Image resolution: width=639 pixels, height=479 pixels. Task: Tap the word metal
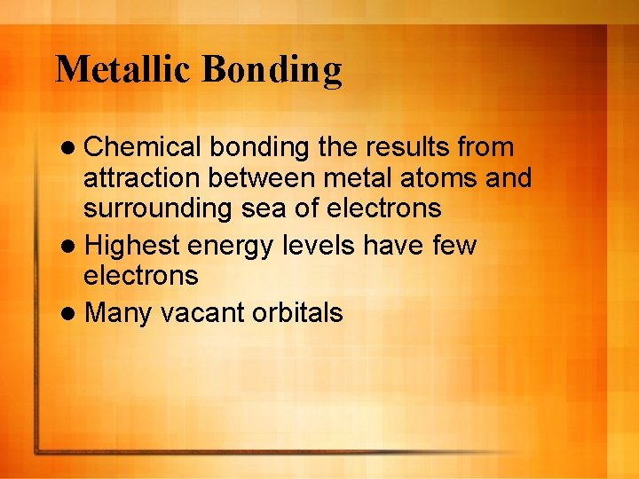click(356, 178)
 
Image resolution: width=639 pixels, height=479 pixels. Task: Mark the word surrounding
click(156, 209)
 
